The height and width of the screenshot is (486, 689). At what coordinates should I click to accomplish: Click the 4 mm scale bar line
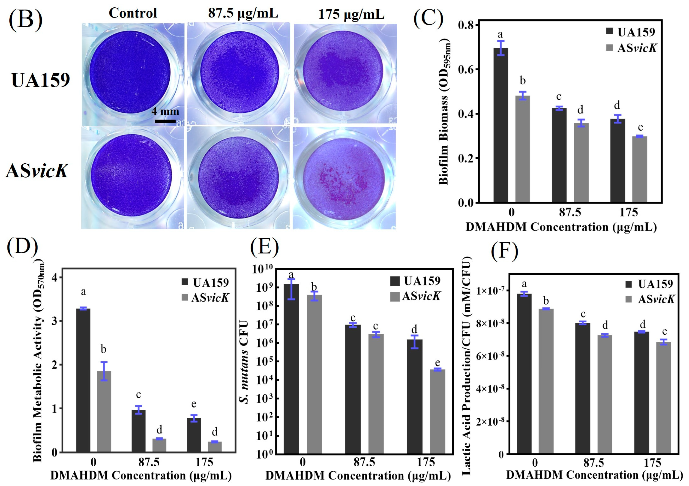[x=165, y=121]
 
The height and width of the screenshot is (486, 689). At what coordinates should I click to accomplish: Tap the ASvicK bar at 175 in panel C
[x=639, y=169]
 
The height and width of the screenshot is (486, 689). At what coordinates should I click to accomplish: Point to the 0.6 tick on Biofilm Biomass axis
[x=468, y=69]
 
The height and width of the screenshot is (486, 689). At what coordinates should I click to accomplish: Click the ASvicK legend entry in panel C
[x=632, y=48]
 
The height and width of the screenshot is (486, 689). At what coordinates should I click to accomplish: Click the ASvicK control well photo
[x=132, y=177]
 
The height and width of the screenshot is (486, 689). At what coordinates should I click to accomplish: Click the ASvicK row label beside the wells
[x=38, y=171]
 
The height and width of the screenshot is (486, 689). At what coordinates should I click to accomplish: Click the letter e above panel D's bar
[x=194, y=404]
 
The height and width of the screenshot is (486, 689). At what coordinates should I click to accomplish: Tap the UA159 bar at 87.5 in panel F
[x=582, y=388]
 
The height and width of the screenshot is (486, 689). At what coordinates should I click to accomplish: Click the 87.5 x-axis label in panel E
[x=364, y=462]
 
